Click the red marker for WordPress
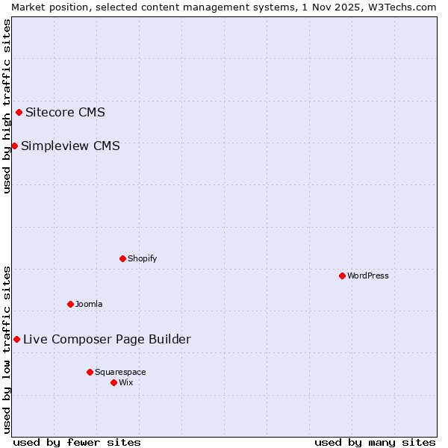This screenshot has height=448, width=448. [x=342, y=276]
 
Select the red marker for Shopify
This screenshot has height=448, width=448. [x=122, y=258]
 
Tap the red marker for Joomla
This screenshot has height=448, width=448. [x=70, y=304]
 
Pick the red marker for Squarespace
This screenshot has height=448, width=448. [x=90, y=372]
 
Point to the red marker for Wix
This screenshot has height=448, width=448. [x=113, y=382]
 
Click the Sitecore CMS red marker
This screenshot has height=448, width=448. [x=19, y=113]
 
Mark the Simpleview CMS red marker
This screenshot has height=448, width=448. [x=14, y=146]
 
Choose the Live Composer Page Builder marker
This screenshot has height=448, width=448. [x=16, y=339]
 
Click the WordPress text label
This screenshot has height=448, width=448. [x=368, y=276]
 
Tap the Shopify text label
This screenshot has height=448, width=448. [x=142, y=258]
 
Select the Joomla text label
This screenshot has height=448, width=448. [x=89, y=304]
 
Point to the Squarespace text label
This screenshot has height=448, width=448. [x=120, y=372]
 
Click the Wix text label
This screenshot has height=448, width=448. [x=126, y=382]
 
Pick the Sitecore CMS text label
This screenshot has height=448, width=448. [x=65, y=113]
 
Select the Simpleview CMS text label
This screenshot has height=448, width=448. [x=70, y=146]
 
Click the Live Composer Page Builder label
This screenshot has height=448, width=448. [x=107, y=339]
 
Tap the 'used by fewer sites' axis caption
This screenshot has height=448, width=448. [x=77, y=442]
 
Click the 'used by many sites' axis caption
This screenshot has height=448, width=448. [x=375, y=442]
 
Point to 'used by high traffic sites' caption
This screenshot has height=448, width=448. [x=7, y=107]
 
